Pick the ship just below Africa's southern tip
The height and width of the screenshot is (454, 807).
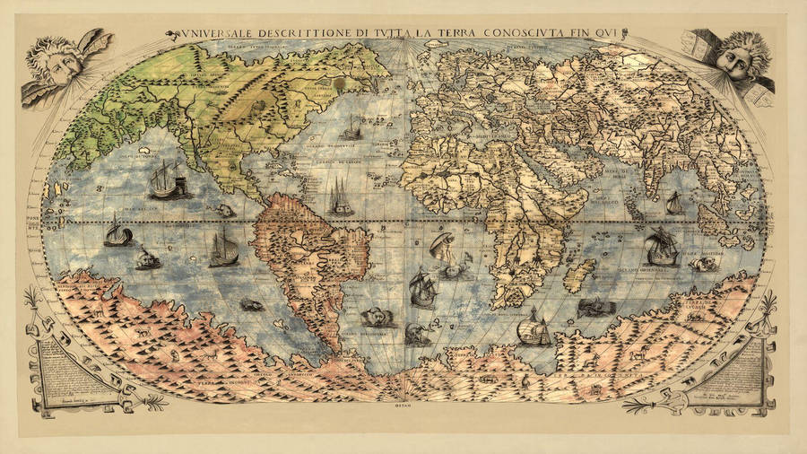534,328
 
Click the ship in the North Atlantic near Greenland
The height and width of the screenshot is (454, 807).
350,130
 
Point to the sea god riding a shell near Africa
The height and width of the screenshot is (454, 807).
444,247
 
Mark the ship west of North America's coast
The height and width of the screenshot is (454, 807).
166,181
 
